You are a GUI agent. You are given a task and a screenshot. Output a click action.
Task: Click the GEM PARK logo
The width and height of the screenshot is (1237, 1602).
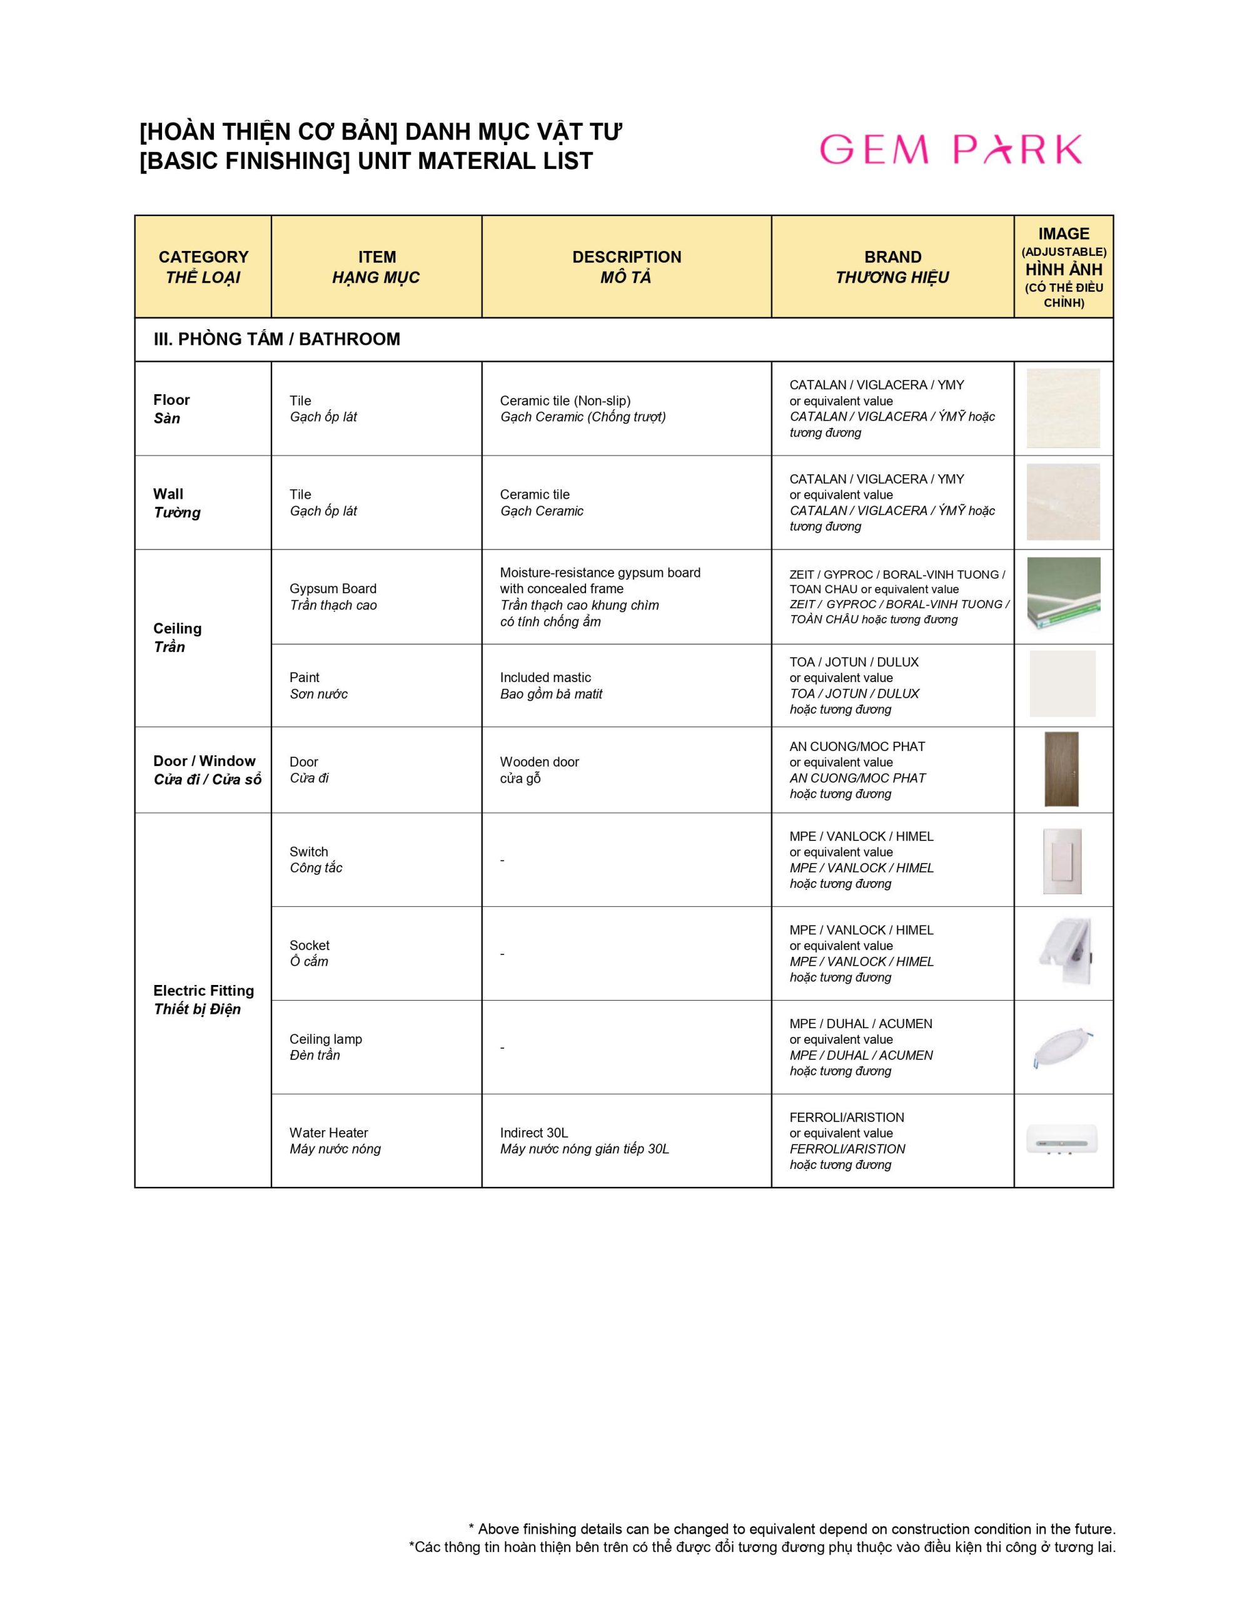951,149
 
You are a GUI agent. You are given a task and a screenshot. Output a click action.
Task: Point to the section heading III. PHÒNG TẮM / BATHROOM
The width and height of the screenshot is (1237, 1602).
276,339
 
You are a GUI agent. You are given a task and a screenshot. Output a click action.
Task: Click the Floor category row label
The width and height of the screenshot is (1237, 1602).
171,409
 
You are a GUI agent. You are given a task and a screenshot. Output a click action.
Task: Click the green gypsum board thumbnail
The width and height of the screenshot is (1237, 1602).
1063,594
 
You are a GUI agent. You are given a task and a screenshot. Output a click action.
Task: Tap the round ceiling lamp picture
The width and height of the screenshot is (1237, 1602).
1063,1047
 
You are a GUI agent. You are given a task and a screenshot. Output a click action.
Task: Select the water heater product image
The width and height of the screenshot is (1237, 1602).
1063,1141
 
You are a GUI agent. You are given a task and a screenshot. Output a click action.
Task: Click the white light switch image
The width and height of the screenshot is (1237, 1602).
1062,860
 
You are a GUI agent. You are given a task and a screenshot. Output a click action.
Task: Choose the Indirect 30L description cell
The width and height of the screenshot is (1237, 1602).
584,1141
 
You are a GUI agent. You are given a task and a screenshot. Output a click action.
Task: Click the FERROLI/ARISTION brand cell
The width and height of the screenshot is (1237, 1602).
847,1141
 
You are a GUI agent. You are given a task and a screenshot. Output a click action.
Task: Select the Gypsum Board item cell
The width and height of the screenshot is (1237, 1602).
333,596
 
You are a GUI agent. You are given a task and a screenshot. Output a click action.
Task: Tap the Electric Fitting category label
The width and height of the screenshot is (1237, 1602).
203,999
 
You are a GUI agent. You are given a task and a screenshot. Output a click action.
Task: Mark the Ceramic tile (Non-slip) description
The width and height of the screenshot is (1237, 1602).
583,409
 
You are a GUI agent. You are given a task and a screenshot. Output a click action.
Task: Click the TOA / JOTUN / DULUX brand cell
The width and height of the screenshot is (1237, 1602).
854,685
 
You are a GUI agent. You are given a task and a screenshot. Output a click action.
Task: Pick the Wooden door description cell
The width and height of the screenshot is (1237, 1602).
539,770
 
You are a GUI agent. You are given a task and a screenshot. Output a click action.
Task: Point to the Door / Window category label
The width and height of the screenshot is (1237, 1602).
207,770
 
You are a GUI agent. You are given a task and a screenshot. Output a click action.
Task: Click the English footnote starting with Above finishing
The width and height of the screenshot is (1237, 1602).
792,1529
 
